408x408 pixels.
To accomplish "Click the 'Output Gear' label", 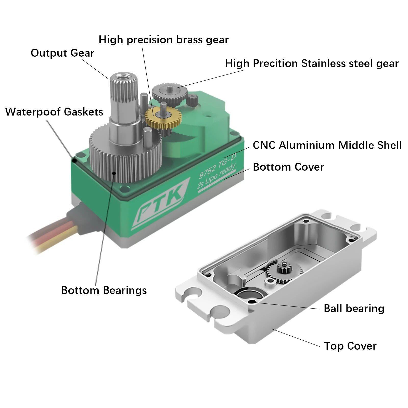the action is coord(62,53).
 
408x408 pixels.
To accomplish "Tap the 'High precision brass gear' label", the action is coord(164,40).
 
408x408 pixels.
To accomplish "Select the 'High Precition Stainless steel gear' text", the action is coord(312,63).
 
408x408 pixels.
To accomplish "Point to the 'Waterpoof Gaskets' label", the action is coord(54,112).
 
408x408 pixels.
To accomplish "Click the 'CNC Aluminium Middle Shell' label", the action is coord(327,145).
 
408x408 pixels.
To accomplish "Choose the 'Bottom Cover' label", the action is coord(288,167).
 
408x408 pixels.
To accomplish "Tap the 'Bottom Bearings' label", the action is coord(104,290).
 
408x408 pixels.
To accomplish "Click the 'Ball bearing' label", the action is coord(354,309).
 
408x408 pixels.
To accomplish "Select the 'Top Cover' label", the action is coord(350,346).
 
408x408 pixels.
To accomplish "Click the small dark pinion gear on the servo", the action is coord(192,100).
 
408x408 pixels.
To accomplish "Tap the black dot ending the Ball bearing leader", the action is coord(253,302).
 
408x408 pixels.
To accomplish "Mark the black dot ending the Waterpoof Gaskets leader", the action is coord(74,160).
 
